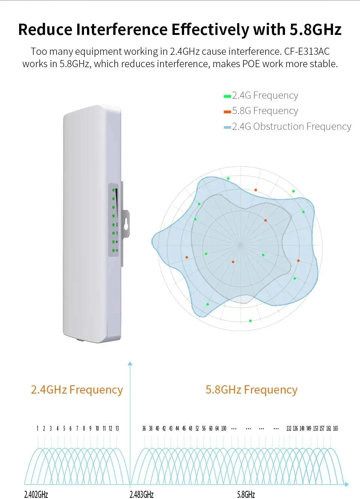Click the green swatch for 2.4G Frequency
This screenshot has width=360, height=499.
click(227, 96)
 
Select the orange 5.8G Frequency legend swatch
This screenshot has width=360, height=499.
click(227, 112)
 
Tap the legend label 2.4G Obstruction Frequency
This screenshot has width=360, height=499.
click(291, 127)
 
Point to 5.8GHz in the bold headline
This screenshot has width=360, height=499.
click(315, 30)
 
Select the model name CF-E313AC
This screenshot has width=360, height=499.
click(307, 51)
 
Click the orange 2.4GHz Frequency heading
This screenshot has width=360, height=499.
click(77, 390)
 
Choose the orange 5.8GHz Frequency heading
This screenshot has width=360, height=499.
click(251, 390)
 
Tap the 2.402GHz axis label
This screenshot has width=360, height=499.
click(36, 494)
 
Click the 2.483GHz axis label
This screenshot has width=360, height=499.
click(141, 494)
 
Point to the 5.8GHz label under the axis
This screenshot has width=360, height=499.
click(246, 494)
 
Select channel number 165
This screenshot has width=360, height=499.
click(335, 428)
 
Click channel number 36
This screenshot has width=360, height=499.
click(144, 428)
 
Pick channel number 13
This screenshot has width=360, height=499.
click(117, 428)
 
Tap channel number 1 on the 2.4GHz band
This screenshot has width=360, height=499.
click(37, 428)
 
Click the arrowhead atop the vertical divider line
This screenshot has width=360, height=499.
click(130, 364)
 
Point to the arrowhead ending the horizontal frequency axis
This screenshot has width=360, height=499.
click(346, 485)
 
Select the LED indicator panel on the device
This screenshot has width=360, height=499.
click(114, 220)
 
